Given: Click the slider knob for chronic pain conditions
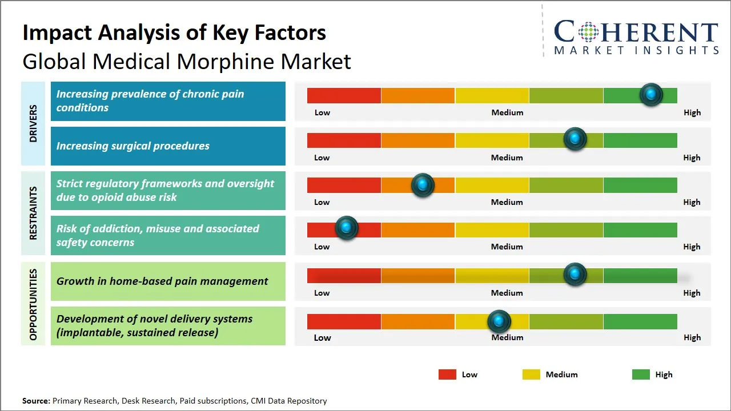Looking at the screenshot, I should pos(651,95).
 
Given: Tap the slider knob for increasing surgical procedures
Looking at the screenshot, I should pos(575,139).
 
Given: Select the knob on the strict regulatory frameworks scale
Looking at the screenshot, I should pos(423,185).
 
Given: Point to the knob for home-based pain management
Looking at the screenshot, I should pos(575,275).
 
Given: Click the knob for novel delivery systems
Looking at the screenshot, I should pos(500,322).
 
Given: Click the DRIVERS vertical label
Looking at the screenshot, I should pos(33,123).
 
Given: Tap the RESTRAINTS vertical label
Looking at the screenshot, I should pos(33,213).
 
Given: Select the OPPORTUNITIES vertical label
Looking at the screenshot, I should pos(33,304).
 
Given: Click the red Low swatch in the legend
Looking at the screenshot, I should pos(447,374).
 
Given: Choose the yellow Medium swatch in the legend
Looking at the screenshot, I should pos(531,374).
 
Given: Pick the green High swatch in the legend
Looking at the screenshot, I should pos(641,374).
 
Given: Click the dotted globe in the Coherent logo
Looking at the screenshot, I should pos(588,32).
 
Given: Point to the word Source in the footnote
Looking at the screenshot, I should pos(36,401).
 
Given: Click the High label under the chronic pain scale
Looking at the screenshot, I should pos(692,112).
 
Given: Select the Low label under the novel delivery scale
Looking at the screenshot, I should pos(322,337).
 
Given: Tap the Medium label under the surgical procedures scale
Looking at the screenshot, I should pos(507,158).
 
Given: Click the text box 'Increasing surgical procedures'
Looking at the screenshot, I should pos(168,146).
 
